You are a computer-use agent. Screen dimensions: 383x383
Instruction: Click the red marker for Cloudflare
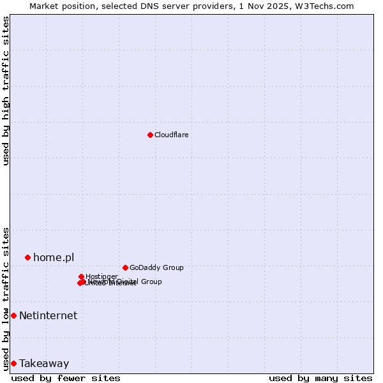(x=150, y=135)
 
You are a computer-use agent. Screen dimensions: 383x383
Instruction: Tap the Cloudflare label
(x=171, y=135)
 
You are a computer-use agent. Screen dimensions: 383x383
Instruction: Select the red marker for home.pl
(x=27, y=257)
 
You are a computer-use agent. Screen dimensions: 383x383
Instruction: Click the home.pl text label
(x=54, y=257)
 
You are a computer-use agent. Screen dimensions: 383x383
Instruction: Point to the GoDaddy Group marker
(x=125, y=267)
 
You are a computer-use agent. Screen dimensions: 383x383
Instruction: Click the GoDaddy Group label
(x=156, y=267)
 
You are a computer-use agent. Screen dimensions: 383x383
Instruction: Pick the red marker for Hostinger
(x=81, y=276)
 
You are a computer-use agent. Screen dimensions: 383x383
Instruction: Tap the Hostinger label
(x=101, y=276)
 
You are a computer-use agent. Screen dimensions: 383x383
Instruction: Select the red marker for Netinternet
(x=13, y=315)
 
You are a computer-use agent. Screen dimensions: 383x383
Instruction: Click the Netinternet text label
(x=48, y=315)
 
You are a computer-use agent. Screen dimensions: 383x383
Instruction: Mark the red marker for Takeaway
(x=13, y=363)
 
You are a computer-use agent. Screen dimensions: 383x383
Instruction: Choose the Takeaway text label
(x=44, y=363)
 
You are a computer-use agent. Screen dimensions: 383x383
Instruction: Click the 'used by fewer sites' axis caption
(x=66, y=378)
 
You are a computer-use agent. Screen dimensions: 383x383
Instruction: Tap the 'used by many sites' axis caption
(x=320, y=378)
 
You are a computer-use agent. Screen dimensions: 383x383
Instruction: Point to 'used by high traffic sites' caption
(x=6, y=91)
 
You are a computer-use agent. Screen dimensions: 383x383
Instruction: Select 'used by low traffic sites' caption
(x=6, y=298)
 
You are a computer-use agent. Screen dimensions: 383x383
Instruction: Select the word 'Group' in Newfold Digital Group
(x=151, y=282)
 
